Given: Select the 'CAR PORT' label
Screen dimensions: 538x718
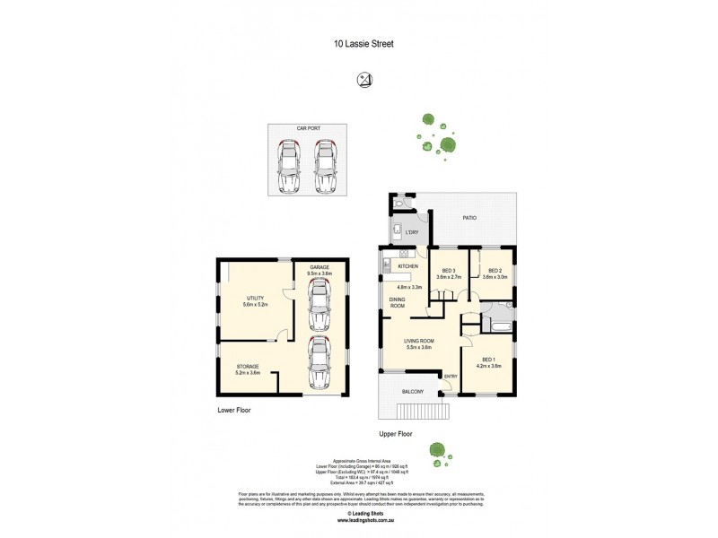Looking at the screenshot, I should click(310, 129).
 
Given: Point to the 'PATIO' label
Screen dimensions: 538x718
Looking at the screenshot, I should click(469, 218).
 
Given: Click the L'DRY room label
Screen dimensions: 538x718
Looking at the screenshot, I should click(413, 233).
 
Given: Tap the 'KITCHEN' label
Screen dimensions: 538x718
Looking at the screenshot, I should click(408, 266).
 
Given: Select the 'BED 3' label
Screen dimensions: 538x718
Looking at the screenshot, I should click(447, 271).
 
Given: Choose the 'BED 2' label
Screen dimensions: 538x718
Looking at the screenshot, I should click(495, 271).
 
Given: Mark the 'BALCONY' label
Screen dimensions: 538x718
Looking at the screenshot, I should click(413, 392).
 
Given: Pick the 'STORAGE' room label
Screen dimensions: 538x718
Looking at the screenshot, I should click(249, 367).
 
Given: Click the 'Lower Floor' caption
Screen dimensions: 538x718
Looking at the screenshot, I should click(233, 410).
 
